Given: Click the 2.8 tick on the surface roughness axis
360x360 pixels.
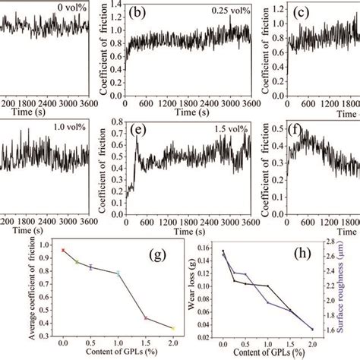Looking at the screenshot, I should point(336,242).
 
